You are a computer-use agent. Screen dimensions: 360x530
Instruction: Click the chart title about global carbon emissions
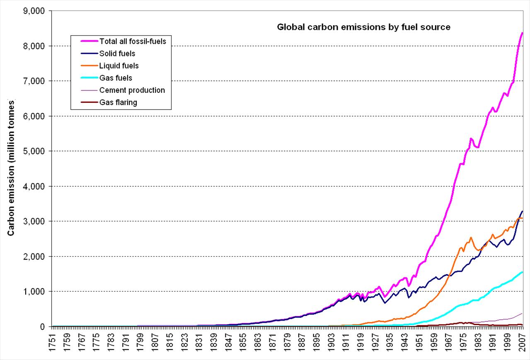pyautogui.click(x=363, y=27)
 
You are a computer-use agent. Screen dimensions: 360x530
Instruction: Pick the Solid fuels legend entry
pyautogui.click(x=117, y=54)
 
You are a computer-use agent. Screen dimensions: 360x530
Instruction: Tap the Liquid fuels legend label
pyautogui.click(x=119, y=66)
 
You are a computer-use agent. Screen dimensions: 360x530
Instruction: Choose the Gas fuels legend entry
pyautogui.click(x=116, y=78)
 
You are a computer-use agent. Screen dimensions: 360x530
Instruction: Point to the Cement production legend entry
pyautogui.click(x=132, y=90)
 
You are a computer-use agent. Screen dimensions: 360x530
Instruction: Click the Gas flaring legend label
pyautogui.click(x=118, y=102)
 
